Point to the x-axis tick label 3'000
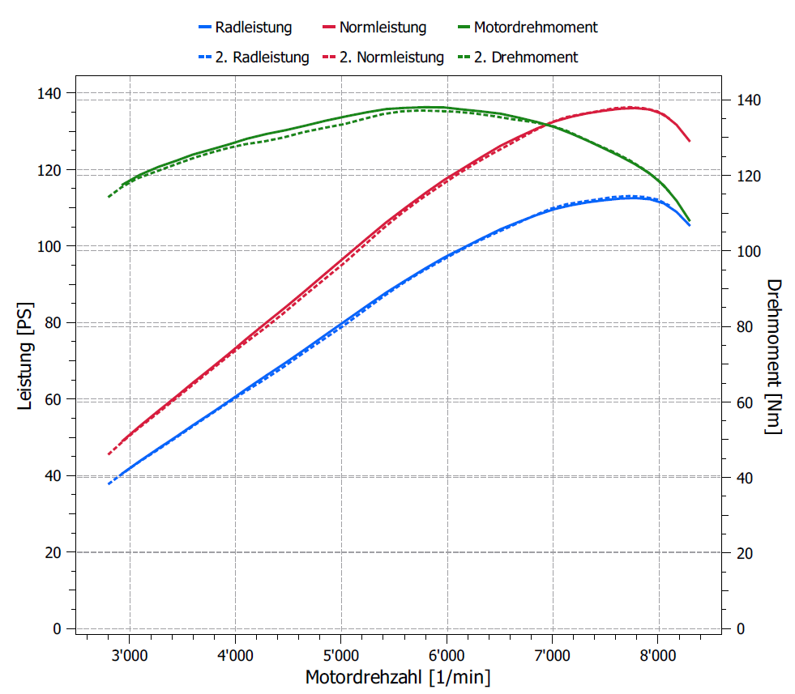(x=129, y=654)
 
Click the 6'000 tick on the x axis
(x=447, y=654)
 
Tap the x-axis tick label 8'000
(x=657, y=654)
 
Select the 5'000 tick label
(x=340, y=654)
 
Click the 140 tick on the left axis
(x=51, y=93)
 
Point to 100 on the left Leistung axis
(x=51, y=246)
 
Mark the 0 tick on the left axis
(x=57, y=628)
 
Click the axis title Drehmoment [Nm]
(x=774, y=356)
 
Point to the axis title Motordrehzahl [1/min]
(x=397, y=676)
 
